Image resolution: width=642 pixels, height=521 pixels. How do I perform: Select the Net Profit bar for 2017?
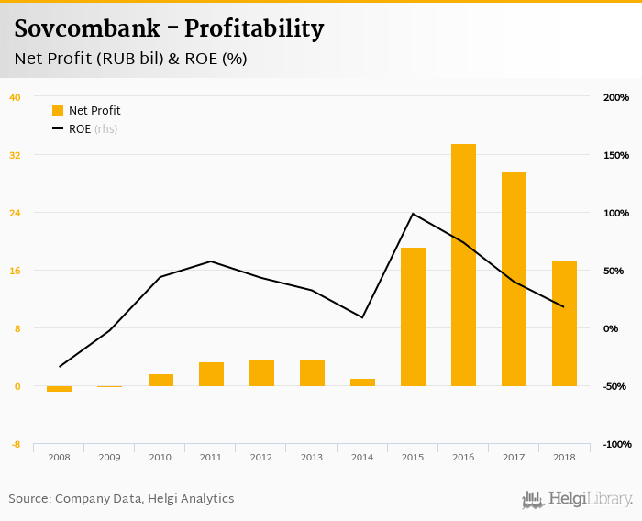[514, 279]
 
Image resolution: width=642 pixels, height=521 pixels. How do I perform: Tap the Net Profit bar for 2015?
[413, 316]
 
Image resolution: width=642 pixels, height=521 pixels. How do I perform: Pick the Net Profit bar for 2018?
[564, 323]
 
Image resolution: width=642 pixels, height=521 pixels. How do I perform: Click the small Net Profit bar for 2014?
[362, 382]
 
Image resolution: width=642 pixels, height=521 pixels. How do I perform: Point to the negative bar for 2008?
[59, 389]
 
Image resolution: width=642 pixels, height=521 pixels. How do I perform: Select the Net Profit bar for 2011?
[211, 374]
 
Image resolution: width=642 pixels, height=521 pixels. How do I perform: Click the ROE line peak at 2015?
[413, 214]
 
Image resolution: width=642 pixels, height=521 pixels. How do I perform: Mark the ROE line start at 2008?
[60, 367]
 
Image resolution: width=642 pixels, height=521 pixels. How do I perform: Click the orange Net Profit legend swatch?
[58, 111]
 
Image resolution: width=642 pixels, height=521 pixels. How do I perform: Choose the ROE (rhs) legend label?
[93, 129]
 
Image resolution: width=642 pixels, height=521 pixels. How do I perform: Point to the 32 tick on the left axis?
[15, 155]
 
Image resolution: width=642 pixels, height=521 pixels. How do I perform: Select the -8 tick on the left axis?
[15, 445]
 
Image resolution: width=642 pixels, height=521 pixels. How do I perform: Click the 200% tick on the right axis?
[615, 97]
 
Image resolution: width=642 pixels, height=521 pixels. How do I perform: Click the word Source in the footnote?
[29, 499]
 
